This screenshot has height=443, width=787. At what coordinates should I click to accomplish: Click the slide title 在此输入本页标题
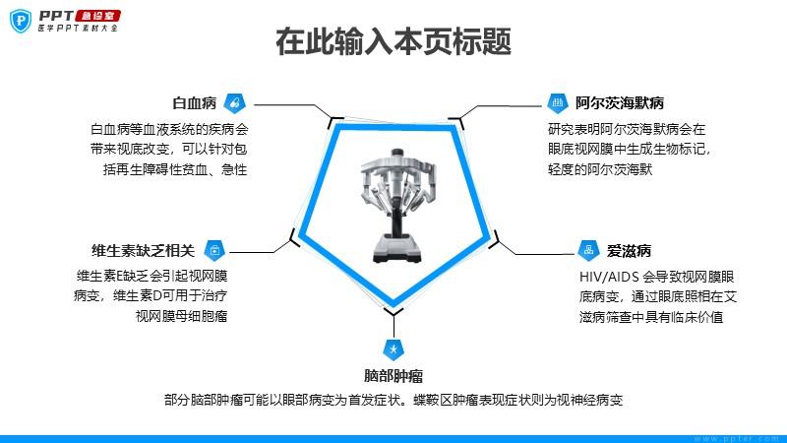[393, 41]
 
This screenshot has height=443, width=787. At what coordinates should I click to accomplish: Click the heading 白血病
[194, 103]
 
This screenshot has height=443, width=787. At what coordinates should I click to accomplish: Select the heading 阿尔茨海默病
[620, 103]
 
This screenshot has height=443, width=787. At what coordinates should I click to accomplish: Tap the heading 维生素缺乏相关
[143, 250]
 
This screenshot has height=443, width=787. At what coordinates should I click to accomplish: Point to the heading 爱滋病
[629, 250]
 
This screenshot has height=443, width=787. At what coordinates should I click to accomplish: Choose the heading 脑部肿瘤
[393, 375]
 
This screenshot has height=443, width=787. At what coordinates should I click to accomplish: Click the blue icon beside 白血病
[234, 103]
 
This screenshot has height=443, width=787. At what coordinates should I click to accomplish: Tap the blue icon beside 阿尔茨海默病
[558, 103]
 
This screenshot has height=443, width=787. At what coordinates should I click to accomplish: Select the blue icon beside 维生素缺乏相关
[214, 250]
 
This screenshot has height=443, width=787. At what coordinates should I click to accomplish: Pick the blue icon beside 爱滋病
[588, 250]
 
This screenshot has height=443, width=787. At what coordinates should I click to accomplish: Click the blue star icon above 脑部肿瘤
[393, 349]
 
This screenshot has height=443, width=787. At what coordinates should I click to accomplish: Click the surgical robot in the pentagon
[396, 205]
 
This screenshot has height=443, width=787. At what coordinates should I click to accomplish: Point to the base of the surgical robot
[396, 249]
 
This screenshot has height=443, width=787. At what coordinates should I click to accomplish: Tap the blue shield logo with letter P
[21, 21]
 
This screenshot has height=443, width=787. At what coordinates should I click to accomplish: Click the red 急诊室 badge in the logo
[97, 16]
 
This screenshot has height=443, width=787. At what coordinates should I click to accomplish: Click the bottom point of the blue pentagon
[393, 305]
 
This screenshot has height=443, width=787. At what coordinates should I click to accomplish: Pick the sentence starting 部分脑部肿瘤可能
[393, 400]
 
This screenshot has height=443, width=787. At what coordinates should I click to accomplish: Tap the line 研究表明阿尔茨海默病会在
[627, 129]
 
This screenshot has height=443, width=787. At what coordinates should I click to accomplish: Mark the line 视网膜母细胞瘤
[181, 316]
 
